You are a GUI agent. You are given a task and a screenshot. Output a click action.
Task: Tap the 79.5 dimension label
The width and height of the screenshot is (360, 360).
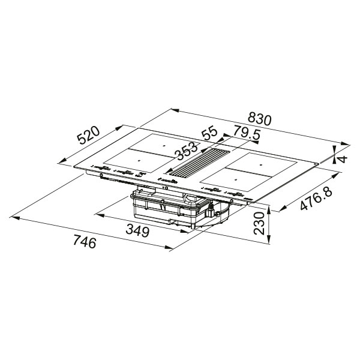click(x=247, y=135)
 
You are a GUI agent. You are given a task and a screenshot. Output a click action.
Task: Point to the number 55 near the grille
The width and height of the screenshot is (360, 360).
click(x=209, y=133)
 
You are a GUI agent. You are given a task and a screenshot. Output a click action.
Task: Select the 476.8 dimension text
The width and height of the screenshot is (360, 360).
click(x=316, y=199)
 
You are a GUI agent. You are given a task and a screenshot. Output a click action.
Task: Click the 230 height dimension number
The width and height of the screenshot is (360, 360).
click(x=259, y=223)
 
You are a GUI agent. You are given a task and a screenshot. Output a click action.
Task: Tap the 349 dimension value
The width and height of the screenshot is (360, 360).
click(x=138, y=231)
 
